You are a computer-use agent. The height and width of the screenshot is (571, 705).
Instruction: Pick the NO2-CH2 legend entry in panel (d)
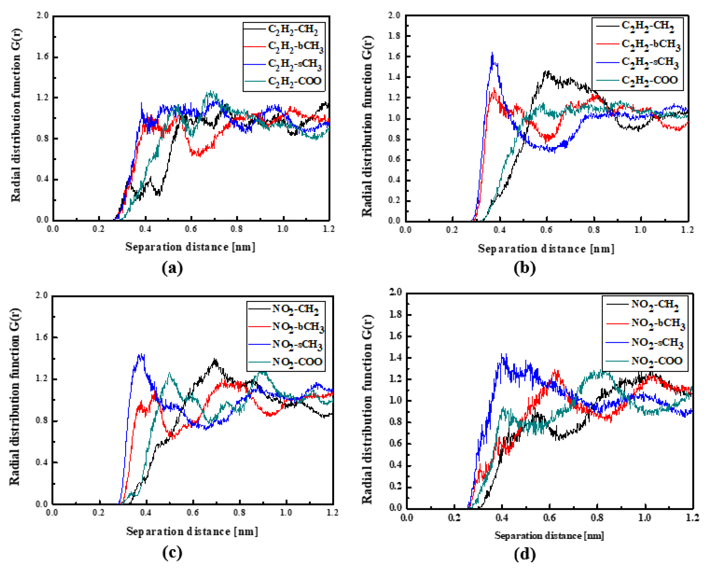[x=654, y=305]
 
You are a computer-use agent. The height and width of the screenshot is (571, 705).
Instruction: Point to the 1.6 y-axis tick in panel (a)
[x=42, y=57]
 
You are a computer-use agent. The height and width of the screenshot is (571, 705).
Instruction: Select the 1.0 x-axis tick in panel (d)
[x=644, y=518]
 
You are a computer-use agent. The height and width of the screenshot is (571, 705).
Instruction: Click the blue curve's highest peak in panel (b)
[x=492, y=53]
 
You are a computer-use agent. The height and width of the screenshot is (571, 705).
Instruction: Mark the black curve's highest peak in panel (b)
[x=547, y=71]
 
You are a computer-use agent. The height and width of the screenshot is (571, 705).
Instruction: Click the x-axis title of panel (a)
[x=190, y=247]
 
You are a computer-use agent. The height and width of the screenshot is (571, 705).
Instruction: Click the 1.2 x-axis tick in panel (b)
[x=687, y=230]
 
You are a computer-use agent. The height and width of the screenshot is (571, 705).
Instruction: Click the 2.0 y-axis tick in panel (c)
[x=42, y=295]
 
